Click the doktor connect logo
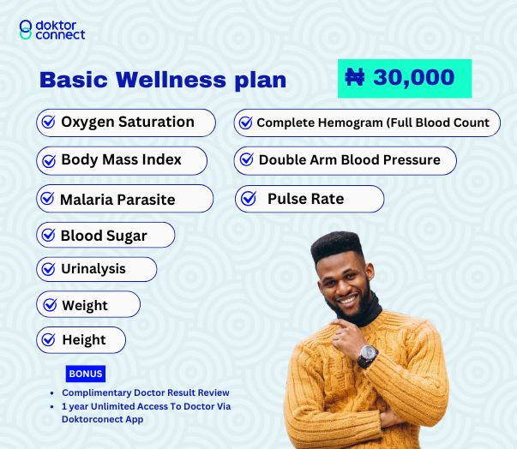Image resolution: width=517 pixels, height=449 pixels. (x=52, y=30)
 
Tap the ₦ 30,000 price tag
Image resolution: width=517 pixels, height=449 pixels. (x=405, y=78)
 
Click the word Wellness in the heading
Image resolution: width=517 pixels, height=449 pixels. (x=171, y=80)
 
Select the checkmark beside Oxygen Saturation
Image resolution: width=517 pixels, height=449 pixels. (x=49, y=122)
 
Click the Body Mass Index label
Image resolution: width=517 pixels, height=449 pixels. (x=122, y=159)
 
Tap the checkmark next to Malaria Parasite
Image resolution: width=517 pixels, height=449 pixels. (x=47, y=198)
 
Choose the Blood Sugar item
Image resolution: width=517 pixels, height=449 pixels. (x=105, y=235)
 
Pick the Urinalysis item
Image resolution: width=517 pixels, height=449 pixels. (x=97, y=269)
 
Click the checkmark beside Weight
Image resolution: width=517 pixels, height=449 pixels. (x=50, y=305)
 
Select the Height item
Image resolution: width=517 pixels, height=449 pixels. (x=81, y=339)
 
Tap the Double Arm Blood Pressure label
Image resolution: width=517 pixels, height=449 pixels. (x=350, y=160)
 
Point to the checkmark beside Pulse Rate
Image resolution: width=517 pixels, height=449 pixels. (x=249, y=198)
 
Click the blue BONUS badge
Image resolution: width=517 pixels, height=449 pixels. (x=86, y=374)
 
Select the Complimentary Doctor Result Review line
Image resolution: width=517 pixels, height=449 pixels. (x=146, y=392)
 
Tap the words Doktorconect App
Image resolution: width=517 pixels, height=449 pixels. (x=103, y=419)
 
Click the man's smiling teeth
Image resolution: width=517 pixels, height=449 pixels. (x=348, y=300)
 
